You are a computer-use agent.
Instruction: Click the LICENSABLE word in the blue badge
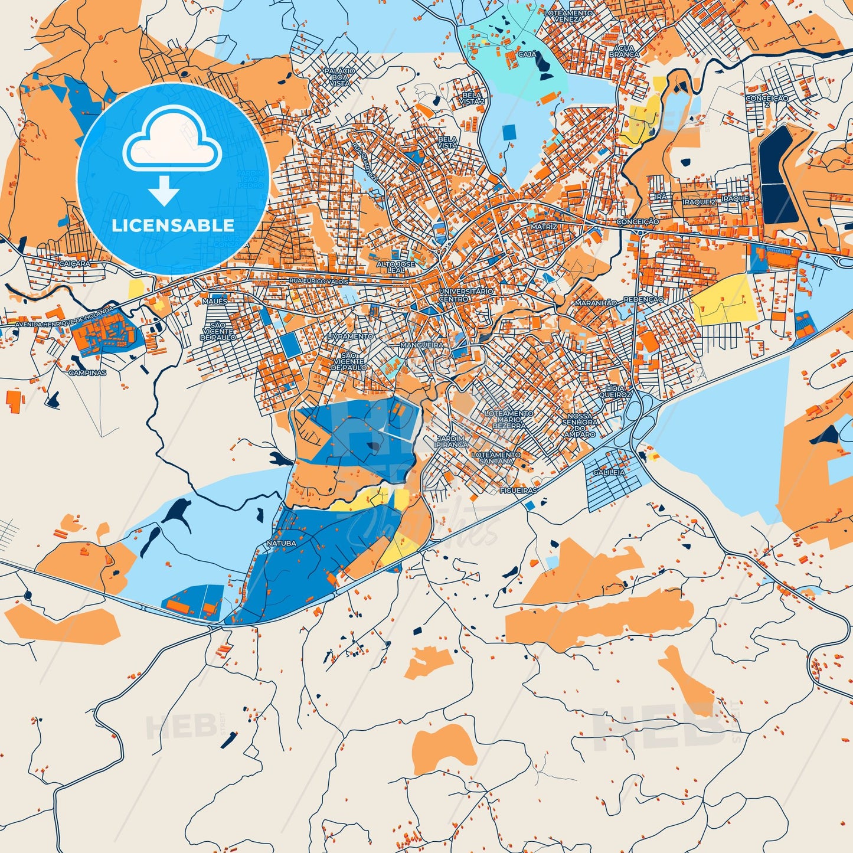(x=173, y=225)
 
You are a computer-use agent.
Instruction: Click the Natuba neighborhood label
(x=281, y=543)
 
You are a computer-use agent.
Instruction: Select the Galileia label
(x=609, y=472)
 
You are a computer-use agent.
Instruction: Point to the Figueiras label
(x=518, y=491)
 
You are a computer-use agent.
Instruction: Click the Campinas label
(x=87, y=373)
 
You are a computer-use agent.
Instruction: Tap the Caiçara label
(x=75, y=264)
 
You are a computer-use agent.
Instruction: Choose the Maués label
(x=214, y=301)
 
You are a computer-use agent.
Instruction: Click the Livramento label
(x=350, y=336)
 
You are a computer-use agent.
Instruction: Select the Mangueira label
(x=421, y=345)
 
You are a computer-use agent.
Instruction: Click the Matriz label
(x=543, y=227)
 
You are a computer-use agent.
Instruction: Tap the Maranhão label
(x=596, y=303)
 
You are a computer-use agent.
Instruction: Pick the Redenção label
(x=643, y=300)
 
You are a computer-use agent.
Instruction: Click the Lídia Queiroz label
(x=615, y=391)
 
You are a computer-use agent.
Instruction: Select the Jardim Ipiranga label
(x=452, y=442)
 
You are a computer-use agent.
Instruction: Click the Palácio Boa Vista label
(x=339, y=77)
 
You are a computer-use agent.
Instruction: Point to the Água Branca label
(x=624, y=51)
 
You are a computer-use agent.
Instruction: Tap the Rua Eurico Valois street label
(x=319, y=282)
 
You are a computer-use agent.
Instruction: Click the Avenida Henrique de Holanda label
(x=63, y=318)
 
